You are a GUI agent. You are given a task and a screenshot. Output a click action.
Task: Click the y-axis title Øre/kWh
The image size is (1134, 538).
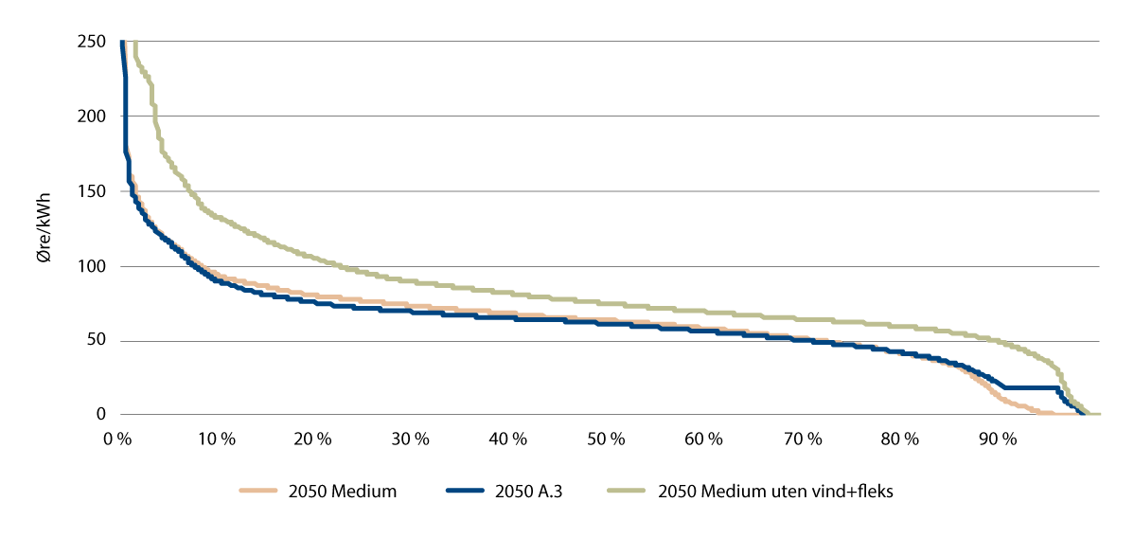click(45, 227)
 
